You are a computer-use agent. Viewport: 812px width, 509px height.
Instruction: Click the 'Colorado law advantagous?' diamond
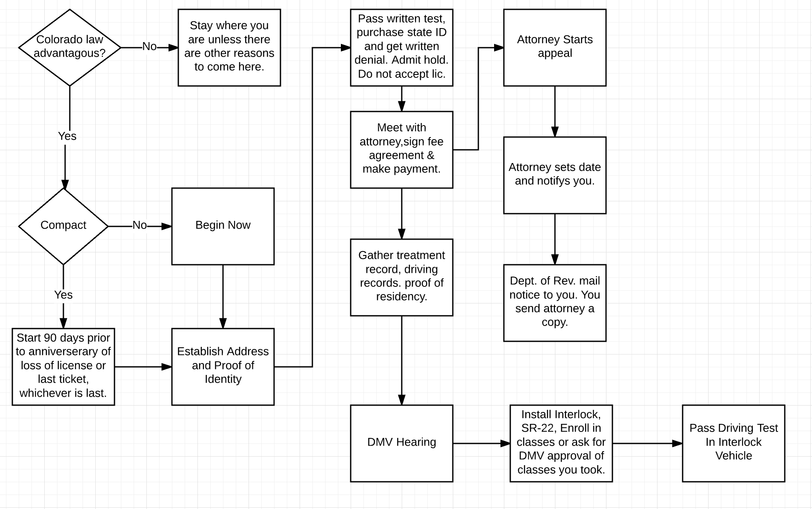click(x=70, y=48)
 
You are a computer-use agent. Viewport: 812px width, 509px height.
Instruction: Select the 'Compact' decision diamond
click(x=63, y=226)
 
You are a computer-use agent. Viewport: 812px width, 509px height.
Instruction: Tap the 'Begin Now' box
click(x=223, y=226)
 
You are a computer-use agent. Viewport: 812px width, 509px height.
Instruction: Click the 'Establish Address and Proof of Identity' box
click(x=223, y=367)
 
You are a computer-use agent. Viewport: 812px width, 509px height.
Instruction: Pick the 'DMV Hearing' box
click(x=402, y=443)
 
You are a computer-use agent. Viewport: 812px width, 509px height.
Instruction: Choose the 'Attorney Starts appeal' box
click(x=555, y=48)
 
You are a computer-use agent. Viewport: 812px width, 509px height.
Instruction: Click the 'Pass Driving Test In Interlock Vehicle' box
click(x=734, y=443)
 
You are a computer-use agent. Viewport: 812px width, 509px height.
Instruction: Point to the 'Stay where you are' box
click(x=229, y=48)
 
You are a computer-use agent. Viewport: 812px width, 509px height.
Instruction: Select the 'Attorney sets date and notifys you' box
click(x=555, y=175)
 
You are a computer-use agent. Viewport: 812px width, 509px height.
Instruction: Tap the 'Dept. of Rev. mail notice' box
click(x=555, y=303)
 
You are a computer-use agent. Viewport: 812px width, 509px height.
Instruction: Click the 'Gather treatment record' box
click(x=402, y=277)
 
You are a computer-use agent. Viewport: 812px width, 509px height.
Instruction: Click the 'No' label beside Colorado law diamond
click(x=149, y=46)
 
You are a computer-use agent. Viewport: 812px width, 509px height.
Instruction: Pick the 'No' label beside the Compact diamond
click(x=140, y=225)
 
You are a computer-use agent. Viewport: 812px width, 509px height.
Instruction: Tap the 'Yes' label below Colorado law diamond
click(x=67, y=136)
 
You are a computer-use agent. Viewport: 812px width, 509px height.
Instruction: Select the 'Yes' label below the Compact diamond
click(x=63, y=295)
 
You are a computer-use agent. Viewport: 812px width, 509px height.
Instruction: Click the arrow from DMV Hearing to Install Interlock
click(x=482, y=443)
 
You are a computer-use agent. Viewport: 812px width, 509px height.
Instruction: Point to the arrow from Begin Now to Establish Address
click(x=223, y=297)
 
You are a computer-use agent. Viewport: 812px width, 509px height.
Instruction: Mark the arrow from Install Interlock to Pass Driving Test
click(x=648, y=443)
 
